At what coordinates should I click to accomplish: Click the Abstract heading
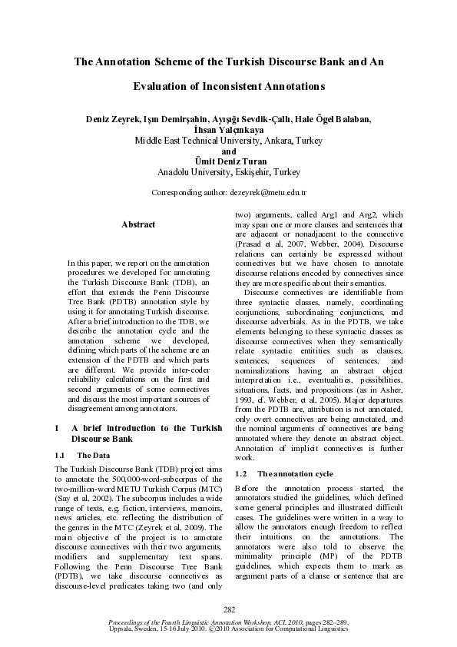(138, 224)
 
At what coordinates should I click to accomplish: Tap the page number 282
(228, 609)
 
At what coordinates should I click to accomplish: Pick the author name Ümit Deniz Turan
(228, 162)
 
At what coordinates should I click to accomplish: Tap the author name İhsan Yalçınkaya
(228, 130)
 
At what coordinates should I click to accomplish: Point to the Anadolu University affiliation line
(228, 173)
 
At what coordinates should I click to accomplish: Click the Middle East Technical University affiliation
(228, 141)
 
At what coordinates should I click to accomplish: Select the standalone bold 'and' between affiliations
(228, 151)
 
